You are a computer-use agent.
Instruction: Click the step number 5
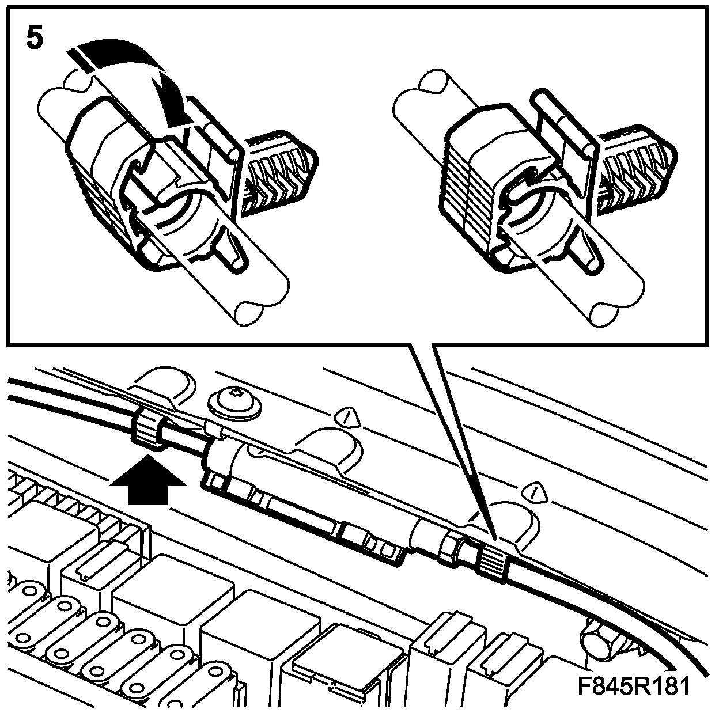(x=35, y=38)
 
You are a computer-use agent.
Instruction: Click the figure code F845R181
(x=633, y=687)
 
